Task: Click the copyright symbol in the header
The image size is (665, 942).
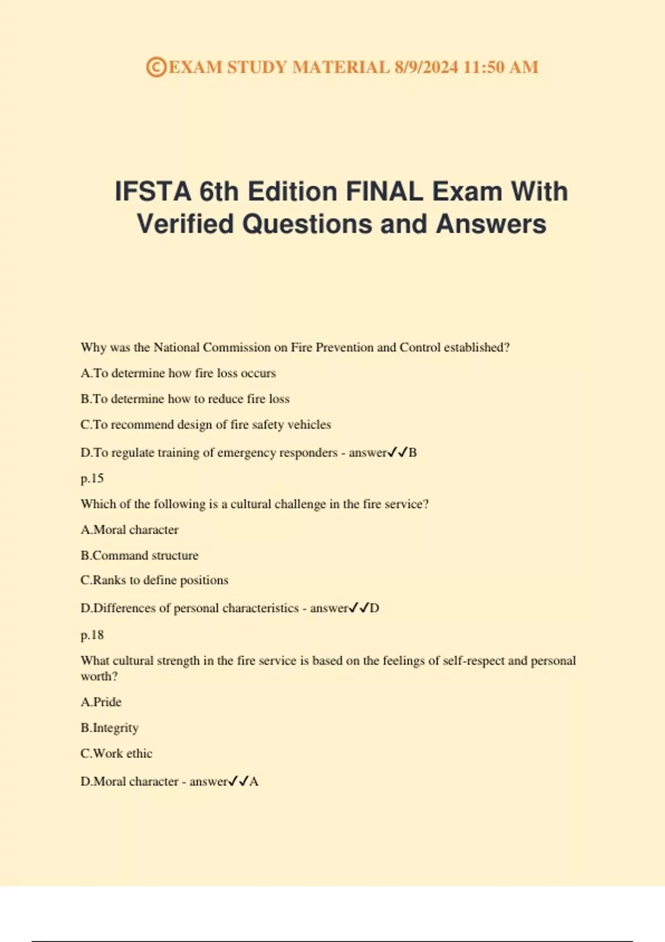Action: coord(156,67)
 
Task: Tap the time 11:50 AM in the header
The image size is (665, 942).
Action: coord(500,67)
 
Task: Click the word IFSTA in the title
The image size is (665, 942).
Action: coord(152,192)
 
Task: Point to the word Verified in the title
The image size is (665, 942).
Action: coord(185,224)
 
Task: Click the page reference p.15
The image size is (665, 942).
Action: coord(92,478)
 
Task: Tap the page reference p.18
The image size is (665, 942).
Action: coord(92,635)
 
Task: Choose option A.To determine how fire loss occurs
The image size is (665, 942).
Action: coord(178,373)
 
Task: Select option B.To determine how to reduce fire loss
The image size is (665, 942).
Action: coord(185,399)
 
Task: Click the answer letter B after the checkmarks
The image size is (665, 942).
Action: coord(412,453)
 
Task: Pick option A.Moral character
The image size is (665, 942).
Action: coord(130,530)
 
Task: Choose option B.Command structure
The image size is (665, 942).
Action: coord(139,555)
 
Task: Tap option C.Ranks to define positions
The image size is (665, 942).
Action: coord(154,580)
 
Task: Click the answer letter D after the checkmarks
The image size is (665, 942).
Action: coord(375,608)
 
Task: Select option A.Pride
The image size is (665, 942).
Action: coord(101,702)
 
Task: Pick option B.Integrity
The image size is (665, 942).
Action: coord(109,728)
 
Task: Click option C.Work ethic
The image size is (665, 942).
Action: coord(116,754)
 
